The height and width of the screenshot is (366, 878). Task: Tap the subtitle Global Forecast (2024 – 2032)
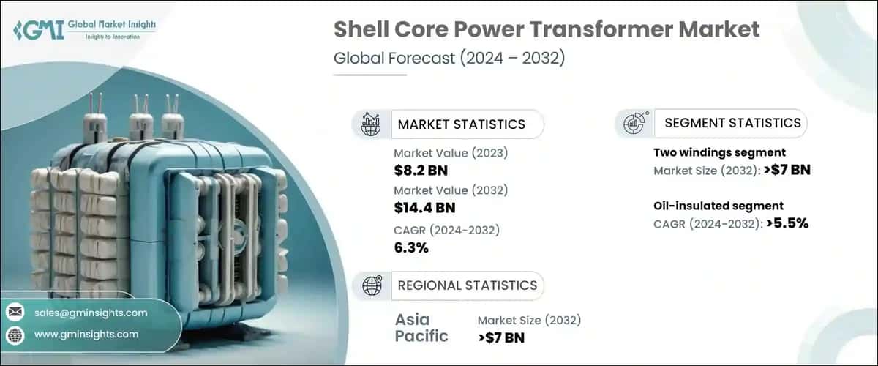[449, 59]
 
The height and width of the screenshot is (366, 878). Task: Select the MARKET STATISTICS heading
[461, 124]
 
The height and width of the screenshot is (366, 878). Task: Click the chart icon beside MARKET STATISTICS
[371, 124]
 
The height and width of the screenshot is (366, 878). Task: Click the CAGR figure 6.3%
[410, 247]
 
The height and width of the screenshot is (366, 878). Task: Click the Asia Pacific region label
[423, 328]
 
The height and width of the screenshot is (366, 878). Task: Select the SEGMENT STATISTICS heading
[732, 123]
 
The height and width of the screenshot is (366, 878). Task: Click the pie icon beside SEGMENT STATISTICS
[634, 123]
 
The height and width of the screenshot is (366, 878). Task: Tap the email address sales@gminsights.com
[91, 313]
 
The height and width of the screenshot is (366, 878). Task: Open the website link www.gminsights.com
[86, 335]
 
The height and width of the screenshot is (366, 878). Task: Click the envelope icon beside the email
[15, 313]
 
